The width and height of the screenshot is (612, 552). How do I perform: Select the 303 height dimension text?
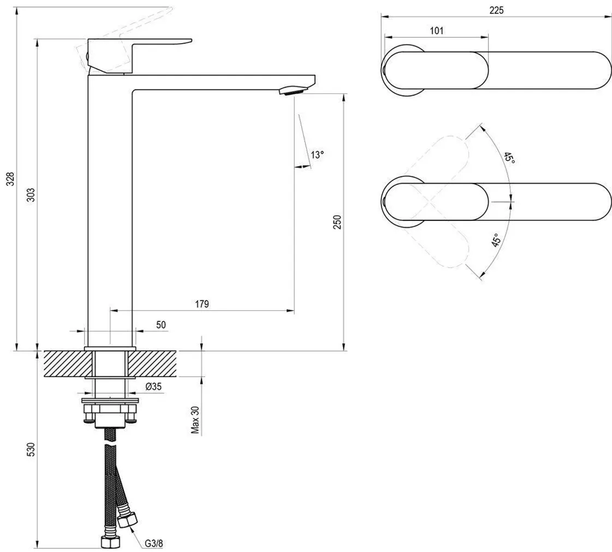point(31,195)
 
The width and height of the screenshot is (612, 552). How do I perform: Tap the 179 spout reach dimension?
point(202,304)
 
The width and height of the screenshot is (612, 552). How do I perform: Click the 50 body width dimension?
point(161,325)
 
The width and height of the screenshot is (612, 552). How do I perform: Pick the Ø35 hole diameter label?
point(153,387)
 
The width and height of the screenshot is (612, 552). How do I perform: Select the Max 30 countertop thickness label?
point(195,419)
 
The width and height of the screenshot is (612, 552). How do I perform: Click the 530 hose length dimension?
point(31,449)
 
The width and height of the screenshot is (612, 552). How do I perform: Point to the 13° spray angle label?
point(317,155)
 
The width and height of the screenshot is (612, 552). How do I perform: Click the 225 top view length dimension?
point(496,10)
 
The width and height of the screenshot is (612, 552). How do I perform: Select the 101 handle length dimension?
point(436,31)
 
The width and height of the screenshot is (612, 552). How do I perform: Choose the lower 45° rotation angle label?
point(496,242)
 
